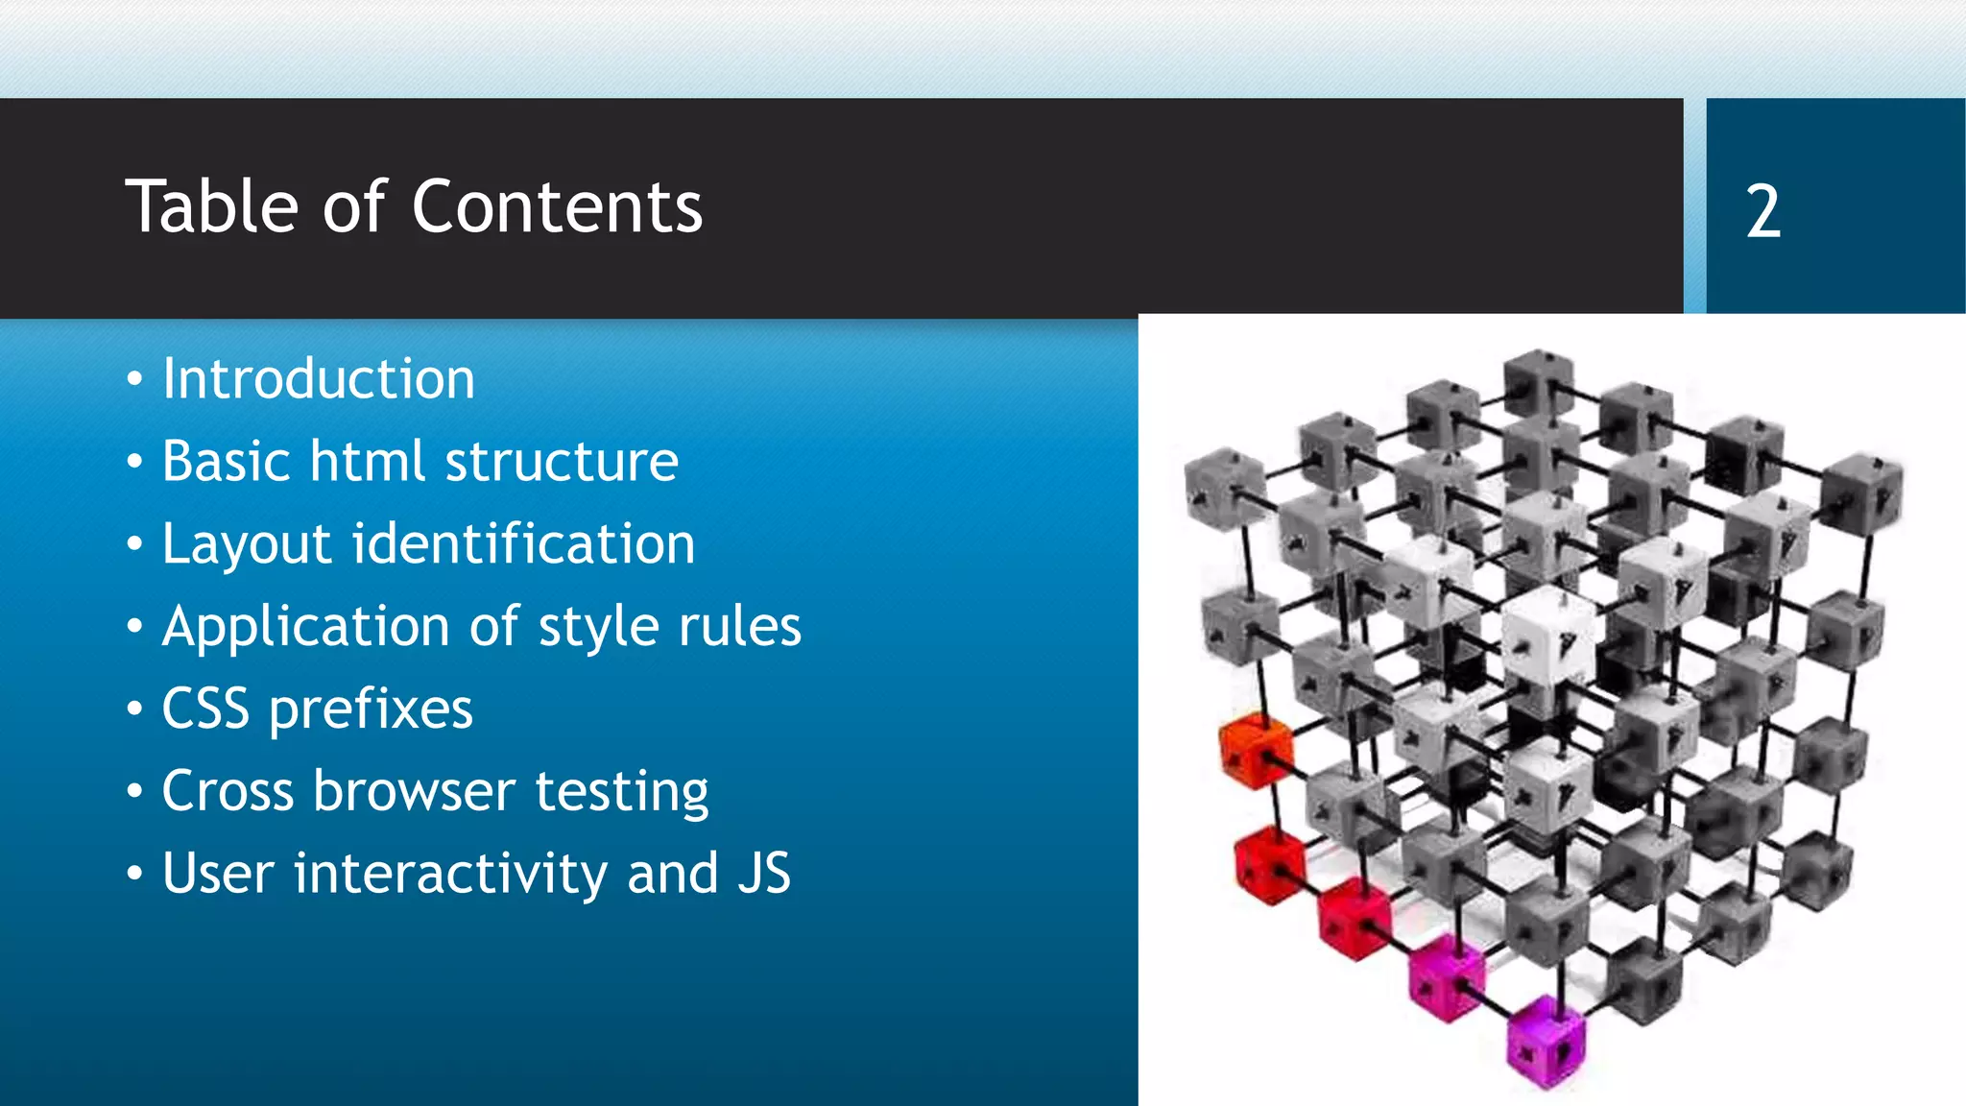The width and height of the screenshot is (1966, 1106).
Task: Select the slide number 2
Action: tap(1762, 211)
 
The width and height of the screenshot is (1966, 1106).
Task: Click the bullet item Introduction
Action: tap(318, 378)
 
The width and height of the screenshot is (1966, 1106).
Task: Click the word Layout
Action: tap(247, 544)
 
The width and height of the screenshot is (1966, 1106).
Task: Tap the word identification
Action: tap(524, 543)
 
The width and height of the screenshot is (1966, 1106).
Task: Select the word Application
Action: tap(306, 627)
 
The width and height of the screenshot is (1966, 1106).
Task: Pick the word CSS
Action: tap(204, 709)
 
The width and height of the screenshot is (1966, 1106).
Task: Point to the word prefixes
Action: tap(371, 710)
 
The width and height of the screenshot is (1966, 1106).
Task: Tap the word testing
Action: tap(621, 793)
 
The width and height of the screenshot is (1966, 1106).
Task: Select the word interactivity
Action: tap(450, 874)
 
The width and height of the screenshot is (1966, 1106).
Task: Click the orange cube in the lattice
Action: tap(1254, 749)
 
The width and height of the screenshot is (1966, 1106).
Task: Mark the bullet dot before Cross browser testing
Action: tap(135, 792)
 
